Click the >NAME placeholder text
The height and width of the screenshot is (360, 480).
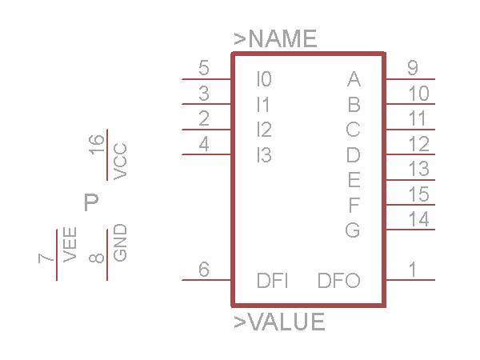click(275, 38)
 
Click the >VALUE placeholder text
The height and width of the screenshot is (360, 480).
click(279, 322)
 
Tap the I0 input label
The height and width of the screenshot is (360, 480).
click(264, 79)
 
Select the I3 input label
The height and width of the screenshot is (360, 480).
click(264, 155)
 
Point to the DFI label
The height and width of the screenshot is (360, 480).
click(272, 281)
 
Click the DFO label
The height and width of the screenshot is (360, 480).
click(338, 281)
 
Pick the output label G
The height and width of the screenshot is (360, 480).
click(353, 230)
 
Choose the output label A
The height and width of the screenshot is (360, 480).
click(354, 79)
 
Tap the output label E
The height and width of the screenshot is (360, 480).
click(354, 179)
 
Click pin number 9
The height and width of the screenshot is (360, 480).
click(412, 68)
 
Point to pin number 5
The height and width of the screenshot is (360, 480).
click(203, 68)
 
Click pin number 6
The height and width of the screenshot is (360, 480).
click(203, 270)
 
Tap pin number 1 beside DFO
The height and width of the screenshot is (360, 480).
click(412, 270)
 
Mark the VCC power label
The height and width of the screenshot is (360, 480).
click(120, 162)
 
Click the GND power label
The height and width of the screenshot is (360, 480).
click(120, 242)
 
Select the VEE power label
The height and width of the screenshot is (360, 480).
click(70, 245)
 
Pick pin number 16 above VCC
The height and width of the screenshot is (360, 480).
click(97, 145)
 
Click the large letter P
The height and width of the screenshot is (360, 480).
click(91, 202)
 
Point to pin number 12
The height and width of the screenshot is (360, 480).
click(418, 144)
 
